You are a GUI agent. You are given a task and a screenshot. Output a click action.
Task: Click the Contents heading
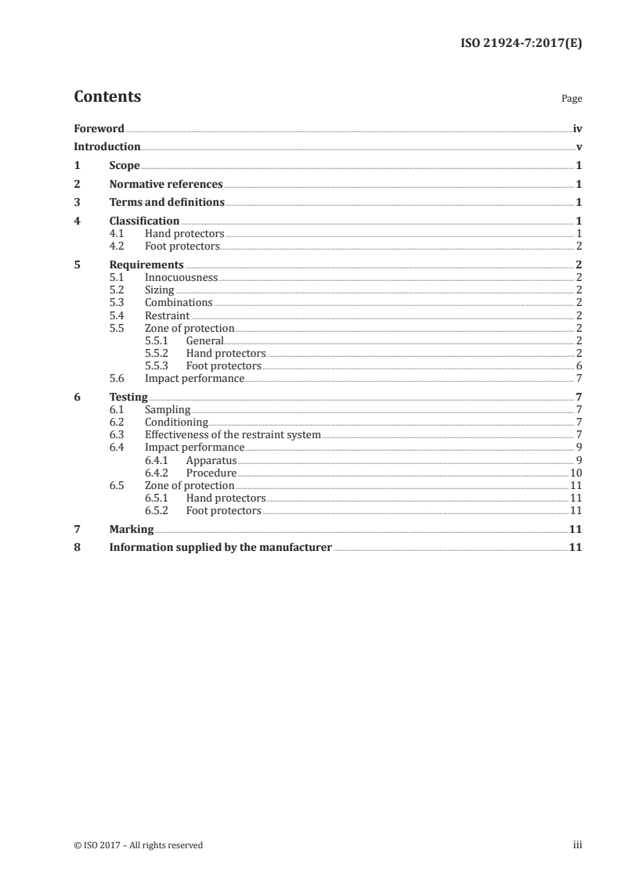(107, 97)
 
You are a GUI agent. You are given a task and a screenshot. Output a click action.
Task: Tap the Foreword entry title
(99, 128)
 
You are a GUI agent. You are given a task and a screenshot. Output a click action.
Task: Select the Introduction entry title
(107, 146)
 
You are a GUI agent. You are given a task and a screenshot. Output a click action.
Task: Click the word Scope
(125, 166)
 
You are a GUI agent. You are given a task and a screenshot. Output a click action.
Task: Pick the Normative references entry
(166, 185)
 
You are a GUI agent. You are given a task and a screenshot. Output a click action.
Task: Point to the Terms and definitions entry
(167, 203)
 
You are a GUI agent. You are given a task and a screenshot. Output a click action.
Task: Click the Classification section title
(144, 221)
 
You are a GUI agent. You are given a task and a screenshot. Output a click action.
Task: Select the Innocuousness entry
(181, 277)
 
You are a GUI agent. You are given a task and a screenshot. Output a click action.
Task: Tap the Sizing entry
(160, 290)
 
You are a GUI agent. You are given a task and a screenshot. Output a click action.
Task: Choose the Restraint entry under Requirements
(167, 315)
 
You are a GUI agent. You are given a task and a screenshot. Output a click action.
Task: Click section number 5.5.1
(157, 340)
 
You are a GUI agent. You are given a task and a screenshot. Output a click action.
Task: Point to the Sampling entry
(168, 409)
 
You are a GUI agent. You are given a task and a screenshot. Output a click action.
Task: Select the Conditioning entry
(176, 422)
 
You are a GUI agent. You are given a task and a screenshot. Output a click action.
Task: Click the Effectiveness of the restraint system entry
(233, 434)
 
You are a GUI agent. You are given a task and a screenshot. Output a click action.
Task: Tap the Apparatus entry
(211, 460)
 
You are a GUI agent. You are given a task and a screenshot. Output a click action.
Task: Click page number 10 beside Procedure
(576, 473)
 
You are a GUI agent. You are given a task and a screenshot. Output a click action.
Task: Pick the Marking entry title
(132, 529)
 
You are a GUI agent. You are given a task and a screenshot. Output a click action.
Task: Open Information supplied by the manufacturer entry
(221, 548)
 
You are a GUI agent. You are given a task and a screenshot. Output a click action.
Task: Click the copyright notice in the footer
(138, 844)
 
